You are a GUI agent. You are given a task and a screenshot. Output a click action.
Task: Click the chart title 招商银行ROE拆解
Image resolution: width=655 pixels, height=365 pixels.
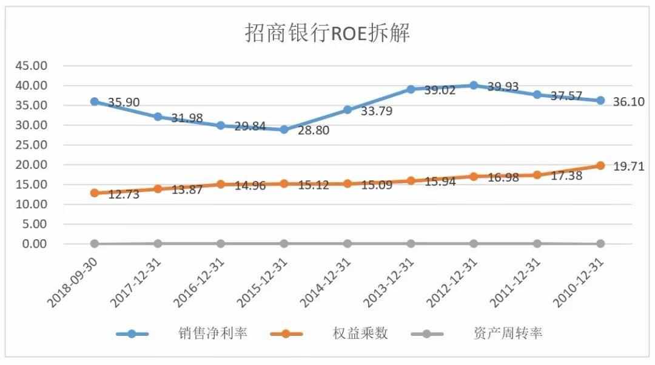[327, 33]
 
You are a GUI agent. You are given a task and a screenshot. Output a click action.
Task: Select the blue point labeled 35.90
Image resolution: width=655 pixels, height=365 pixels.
[95, 101]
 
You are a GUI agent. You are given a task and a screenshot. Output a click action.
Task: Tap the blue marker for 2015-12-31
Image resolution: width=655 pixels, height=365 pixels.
[284, 129]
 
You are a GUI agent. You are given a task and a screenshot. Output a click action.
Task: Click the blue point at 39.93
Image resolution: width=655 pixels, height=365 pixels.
[474, 86]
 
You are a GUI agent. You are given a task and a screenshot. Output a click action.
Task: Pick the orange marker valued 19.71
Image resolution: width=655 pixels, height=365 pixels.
[600, 165]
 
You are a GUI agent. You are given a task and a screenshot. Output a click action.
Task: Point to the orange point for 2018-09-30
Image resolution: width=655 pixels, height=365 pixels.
[95, 193]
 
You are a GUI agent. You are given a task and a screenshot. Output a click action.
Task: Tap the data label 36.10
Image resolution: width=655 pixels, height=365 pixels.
[627, 102]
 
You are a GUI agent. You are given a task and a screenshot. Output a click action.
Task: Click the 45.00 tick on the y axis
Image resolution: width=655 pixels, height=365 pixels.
[30, 66]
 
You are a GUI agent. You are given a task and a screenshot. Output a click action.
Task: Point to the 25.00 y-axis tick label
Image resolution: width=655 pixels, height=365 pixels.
[30, 145]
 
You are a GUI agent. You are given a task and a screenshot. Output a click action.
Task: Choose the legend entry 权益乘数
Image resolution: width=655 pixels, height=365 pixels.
[360, 333]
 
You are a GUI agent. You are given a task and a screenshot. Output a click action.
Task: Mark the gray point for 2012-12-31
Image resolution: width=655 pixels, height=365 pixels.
[474, 244]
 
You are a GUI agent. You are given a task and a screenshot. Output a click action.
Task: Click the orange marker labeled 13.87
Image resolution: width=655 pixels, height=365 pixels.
[158, 189]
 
